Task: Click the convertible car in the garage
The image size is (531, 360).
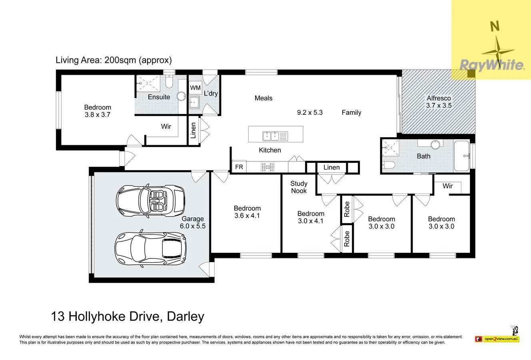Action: [x=150, y=201]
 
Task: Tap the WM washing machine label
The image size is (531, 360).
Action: [x=195, y=88]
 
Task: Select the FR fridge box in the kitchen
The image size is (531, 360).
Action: [x=239, y=167]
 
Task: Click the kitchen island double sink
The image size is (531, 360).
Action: [x=275, y=136]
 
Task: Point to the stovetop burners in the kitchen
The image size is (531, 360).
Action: [x=267, y=167]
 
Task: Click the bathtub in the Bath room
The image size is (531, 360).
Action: [x=461, y=156]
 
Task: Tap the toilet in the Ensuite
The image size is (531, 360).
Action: [x=169, y=81]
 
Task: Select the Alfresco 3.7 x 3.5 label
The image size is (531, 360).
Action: [x=439, y=102]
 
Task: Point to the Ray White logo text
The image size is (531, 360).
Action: [x=492, y=65]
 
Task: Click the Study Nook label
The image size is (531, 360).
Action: [x=299, y=187]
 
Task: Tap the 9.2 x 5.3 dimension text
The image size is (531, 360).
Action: [x=309, y=112]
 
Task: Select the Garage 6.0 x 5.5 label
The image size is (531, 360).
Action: [x=192, y=222]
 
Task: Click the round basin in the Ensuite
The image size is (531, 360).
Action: [x=182, y=96]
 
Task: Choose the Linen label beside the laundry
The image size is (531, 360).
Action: [x=193, y=130]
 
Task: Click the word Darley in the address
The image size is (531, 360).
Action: [x=186, y=316]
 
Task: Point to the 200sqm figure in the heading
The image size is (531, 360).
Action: [x=120, y=60]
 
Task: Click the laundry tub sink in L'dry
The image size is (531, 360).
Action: [x=194, y=102]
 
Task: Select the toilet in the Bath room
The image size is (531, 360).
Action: [x=388, y=165]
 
